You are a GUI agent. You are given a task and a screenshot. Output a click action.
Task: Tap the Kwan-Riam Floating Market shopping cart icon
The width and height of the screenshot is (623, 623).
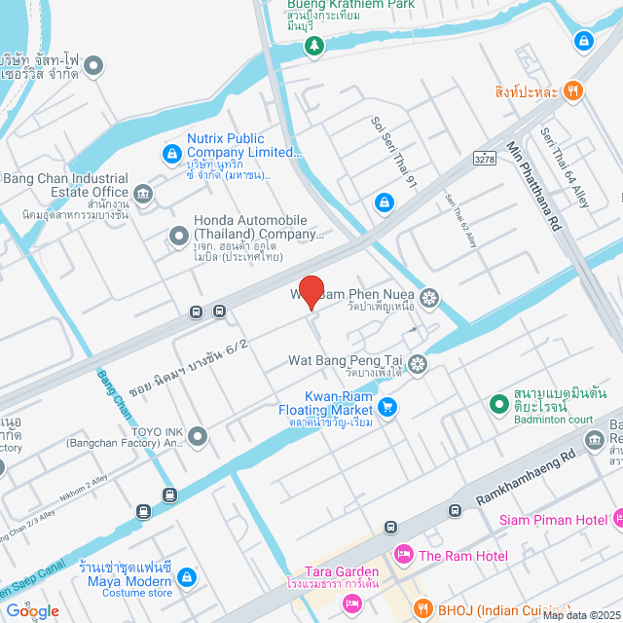388,407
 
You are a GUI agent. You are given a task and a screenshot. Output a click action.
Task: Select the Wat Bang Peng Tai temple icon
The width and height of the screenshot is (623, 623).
418,364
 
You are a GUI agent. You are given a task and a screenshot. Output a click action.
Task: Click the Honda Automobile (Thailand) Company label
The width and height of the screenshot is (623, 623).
258,228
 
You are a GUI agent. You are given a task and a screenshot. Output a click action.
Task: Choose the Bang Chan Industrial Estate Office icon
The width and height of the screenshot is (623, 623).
144,195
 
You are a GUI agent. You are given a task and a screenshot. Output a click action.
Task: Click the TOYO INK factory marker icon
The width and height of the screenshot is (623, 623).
198,436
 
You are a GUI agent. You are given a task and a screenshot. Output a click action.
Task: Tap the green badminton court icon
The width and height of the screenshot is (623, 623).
498,402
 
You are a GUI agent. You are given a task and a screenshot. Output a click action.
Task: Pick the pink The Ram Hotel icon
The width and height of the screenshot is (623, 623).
403,555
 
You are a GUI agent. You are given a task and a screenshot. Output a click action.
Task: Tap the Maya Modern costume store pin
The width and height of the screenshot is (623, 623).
186,577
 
